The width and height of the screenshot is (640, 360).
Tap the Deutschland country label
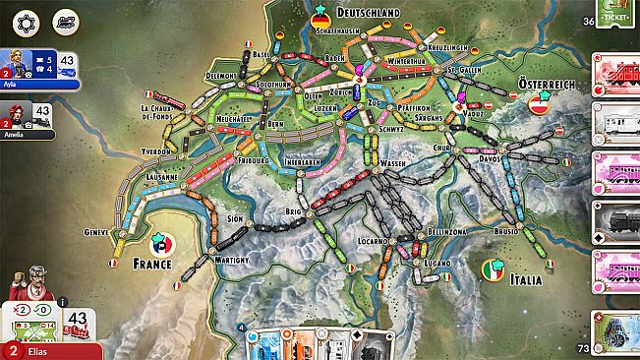coord(370,12)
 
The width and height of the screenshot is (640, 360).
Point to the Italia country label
coord(526,280)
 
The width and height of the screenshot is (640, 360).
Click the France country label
coord(152,264)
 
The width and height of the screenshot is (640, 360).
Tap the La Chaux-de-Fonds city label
coord(157,111)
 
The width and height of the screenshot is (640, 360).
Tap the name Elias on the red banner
coord(36,351)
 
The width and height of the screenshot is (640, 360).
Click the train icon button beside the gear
coord(66,21)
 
